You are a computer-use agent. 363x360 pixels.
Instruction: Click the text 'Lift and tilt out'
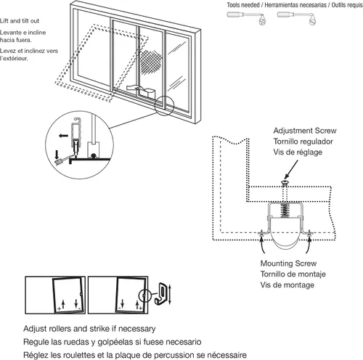coord(20,21)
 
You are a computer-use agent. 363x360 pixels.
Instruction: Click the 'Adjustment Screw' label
coord(305,131)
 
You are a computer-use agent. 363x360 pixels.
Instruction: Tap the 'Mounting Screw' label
coord(288,263)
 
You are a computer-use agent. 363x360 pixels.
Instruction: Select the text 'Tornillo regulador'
coord(303,142)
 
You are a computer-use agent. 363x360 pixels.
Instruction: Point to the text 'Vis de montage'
coord(287,285)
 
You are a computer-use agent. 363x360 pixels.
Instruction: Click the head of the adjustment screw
coord(285,182)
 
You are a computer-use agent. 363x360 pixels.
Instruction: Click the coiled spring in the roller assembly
coord(285,210)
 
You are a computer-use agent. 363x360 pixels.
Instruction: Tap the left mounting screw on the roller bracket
coord(261,234)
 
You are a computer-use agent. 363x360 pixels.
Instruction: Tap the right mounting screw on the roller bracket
coord(309,234)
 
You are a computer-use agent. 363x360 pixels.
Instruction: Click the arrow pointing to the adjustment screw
coord(291,170)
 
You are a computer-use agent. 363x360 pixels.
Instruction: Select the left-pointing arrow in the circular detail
coord(63,136)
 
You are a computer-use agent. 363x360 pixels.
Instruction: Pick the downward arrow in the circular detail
coord(57,155)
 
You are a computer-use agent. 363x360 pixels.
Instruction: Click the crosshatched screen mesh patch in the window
coord(151,62)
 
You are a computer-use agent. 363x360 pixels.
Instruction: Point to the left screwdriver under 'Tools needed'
coord(246,18)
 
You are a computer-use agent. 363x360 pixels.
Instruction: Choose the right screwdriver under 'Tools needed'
coord(296,18)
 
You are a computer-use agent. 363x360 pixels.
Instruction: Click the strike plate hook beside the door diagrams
coord(160,294)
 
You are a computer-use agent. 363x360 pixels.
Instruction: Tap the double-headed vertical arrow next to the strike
coord(170,295)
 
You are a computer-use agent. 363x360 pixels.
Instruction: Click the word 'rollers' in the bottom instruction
coord(60,329)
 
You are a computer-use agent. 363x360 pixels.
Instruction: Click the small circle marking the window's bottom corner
coord(164,106)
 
